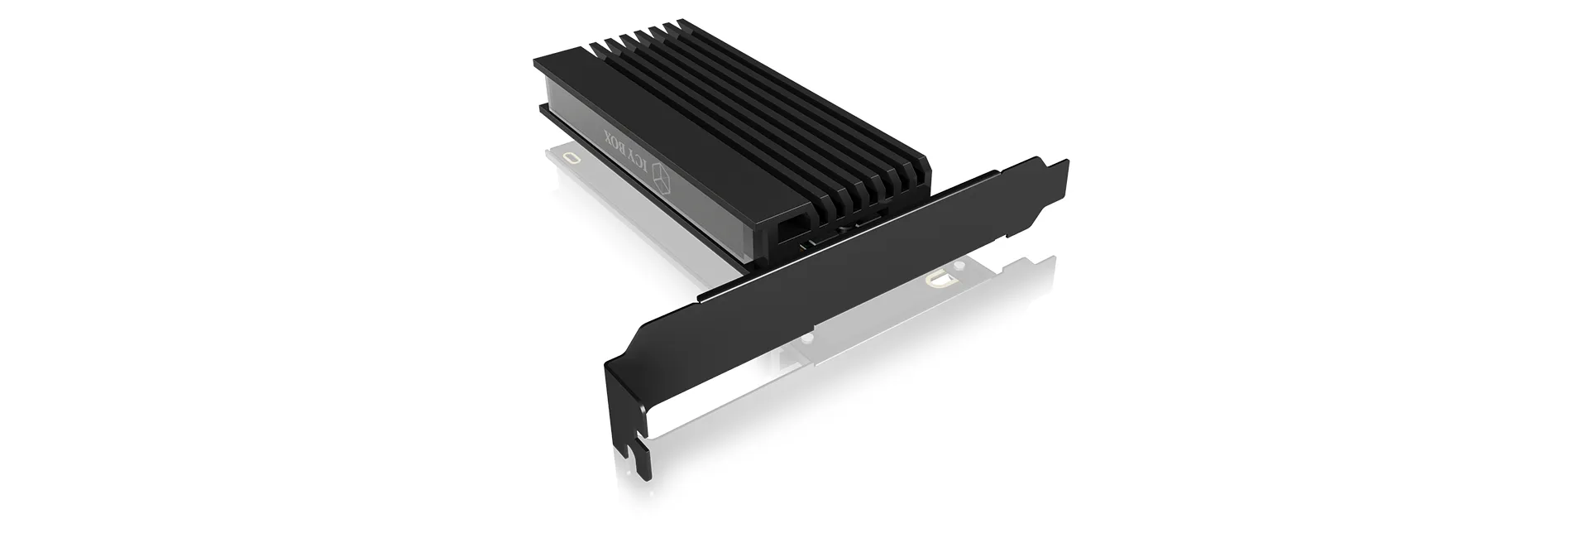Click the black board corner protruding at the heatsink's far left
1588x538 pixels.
(544, 110)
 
